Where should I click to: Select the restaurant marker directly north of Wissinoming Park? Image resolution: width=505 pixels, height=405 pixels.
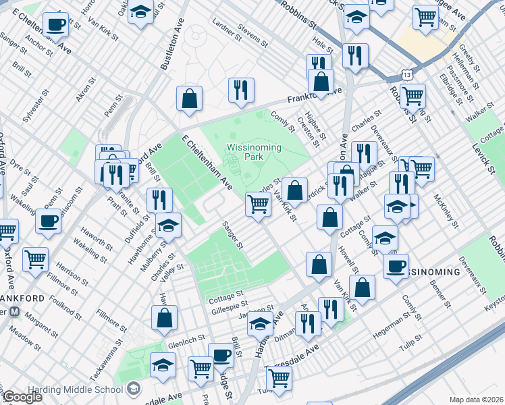(241, 89)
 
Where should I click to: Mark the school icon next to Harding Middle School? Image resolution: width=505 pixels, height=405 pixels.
(134, 387)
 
